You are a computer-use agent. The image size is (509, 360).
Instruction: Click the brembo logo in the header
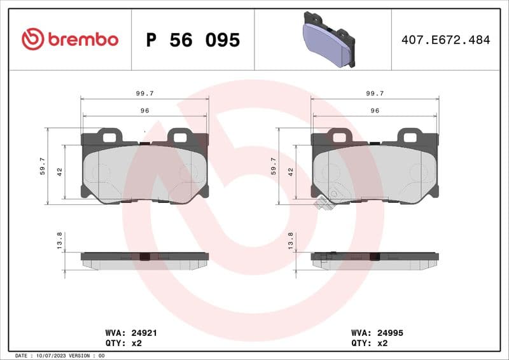tap(70, 39)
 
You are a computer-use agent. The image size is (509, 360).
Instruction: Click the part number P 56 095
tap(193, 40)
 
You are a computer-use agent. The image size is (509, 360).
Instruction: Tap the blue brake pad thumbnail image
tap(328, 39)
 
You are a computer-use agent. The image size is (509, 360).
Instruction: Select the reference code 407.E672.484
tap(445, 40)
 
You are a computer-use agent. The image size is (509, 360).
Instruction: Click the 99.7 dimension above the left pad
tap(144, 93)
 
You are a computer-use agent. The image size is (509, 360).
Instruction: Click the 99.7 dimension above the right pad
tap(375, 93)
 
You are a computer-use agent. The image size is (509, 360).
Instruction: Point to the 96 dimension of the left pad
tap(144, 111)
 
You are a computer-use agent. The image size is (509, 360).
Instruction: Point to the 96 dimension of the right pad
tap(375, 111)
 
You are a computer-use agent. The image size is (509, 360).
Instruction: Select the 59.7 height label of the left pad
tap(43, 166)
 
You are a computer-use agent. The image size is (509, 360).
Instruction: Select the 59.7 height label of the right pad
tap(273, 166)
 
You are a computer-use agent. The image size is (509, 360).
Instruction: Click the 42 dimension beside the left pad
tap(60, 172)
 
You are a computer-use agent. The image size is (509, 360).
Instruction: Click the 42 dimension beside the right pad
tap(290, 172)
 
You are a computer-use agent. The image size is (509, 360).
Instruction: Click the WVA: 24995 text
tap(377, 333)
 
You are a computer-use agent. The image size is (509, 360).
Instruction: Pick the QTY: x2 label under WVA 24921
tap(122, 343)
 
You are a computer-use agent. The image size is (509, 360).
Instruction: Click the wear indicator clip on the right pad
tap(322, 204)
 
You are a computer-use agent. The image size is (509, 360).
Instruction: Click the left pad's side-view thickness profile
tap(144, 260)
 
